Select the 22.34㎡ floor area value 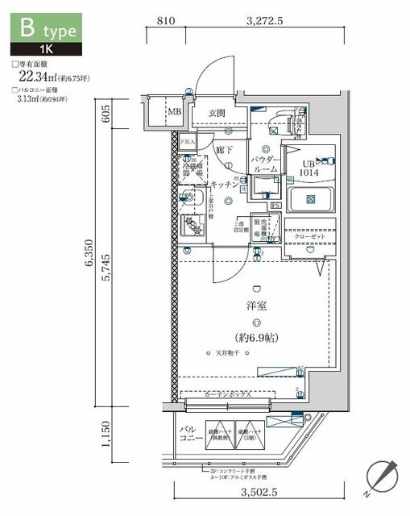pos(35,77)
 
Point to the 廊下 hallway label pos(224,150)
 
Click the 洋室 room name pos(255,306)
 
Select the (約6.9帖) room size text pos(256,338)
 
